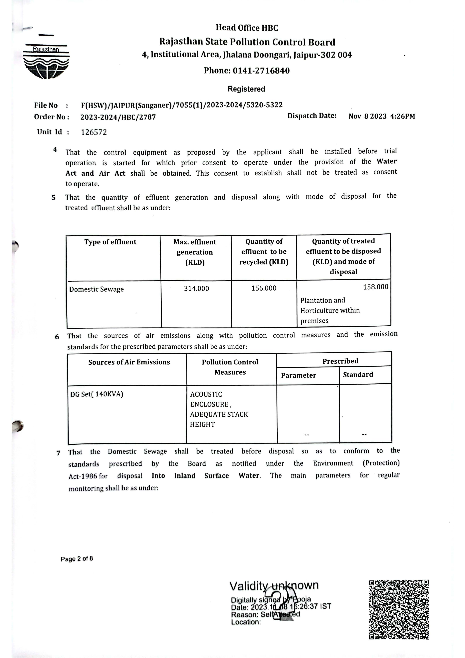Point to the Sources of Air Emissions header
coord(129,362)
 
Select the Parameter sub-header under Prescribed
coord(298,375)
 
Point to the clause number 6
coord(57,337)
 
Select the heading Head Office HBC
coord(247,28)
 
